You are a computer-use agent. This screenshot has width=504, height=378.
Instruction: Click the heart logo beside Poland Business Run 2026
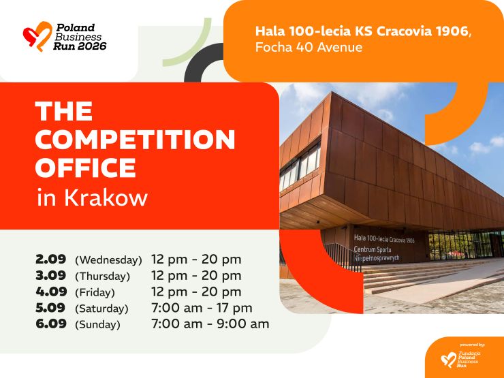[x=37, y=36]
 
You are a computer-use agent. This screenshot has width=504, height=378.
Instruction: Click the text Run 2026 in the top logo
[x=80, y=46]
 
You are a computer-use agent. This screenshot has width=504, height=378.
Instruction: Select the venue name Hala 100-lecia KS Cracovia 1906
[x=363, y=31]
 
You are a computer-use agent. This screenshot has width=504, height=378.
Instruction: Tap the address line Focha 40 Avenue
[x=309, y=47]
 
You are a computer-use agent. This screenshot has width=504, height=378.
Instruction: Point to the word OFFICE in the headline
[x=86, y=168]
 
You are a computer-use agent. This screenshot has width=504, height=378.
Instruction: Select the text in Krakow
[x=92, y=197]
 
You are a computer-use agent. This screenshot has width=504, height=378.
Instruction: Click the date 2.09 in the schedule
[x=51, y=259]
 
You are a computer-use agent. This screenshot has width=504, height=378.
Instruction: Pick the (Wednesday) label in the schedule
[x=108, y=260]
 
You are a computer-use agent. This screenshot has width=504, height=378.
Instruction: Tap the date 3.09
[x=51, y=275]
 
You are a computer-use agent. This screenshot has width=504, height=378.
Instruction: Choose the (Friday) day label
[x=95, y=292]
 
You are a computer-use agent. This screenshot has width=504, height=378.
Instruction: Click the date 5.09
[x=50, y=308]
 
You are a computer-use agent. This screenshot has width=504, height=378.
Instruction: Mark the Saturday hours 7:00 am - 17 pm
[x=202, y=308]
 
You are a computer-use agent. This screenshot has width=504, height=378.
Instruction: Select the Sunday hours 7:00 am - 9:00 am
[x=210, y=324]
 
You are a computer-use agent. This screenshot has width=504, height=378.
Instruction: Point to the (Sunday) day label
[x=97, y=325]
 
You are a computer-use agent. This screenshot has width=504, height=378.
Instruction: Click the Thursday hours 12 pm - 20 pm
[x=196, y=276]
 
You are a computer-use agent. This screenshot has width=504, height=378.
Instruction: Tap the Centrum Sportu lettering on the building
[x=373, y=249]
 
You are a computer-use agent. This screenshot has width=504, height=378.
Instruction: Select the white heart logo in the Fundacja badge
[x=449, y=360]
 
